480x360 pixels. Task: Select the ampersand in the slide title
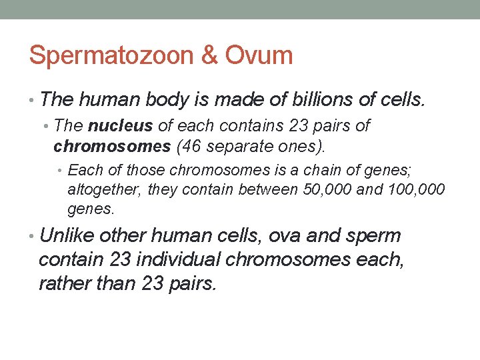click(x=209, y=55)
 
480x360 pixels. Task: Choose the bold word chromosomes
click(x=112, y=145)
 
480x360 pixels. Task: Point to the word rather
click(x=65, y=283)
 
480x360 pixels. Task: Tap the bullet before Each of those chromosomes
click(x=63, y=171)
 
